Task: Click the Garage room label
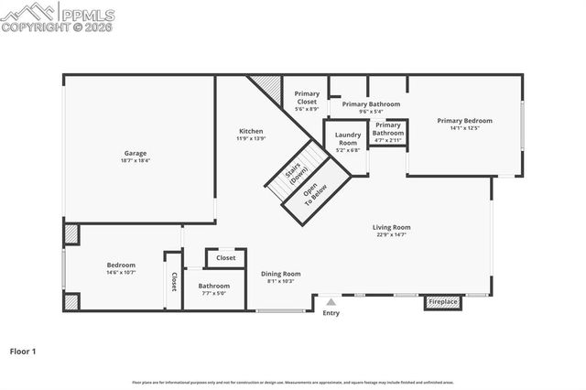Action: pyautogui.click(x=136, y=153)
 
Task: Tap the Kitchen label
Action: pyautogui.click(x=251, y=131)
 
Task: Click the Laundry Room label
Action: pyautogui.click(x=348, y=138)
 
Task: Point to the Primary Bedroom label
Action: pyautogui.click(x=464, y=121)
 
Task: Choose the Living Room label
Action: pyautogui.click(x=391, y=227)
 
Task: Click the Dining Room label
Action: pyautogui.click(x=281, y=274)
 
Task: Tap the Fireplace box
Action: pyautogui.click(x=443, y=301)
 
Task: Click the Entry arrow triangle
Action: pyautogui.click(x=331, y=299)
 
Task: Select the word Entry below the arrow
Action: pyautogui.click(x=331, y=313)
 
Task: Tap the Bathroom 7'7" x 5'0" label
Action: pyautogui.click(x=213, y=286)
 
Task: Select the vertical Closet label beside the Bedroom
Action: pyautogui.click(x=173, y=282)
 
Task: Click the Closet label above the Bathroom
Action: pyautogui.click(x=225, y=258)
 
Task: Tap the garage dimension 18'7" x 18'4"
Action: pyautogui.click(x=136, y=160)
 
